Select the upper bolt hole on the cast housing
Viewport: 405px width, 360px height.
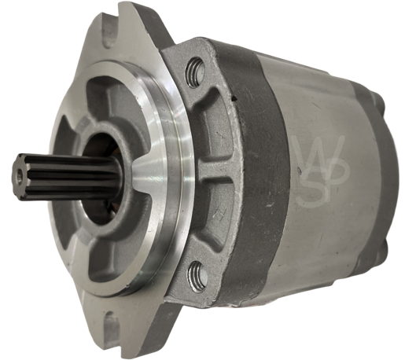(x=195, y=75)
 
